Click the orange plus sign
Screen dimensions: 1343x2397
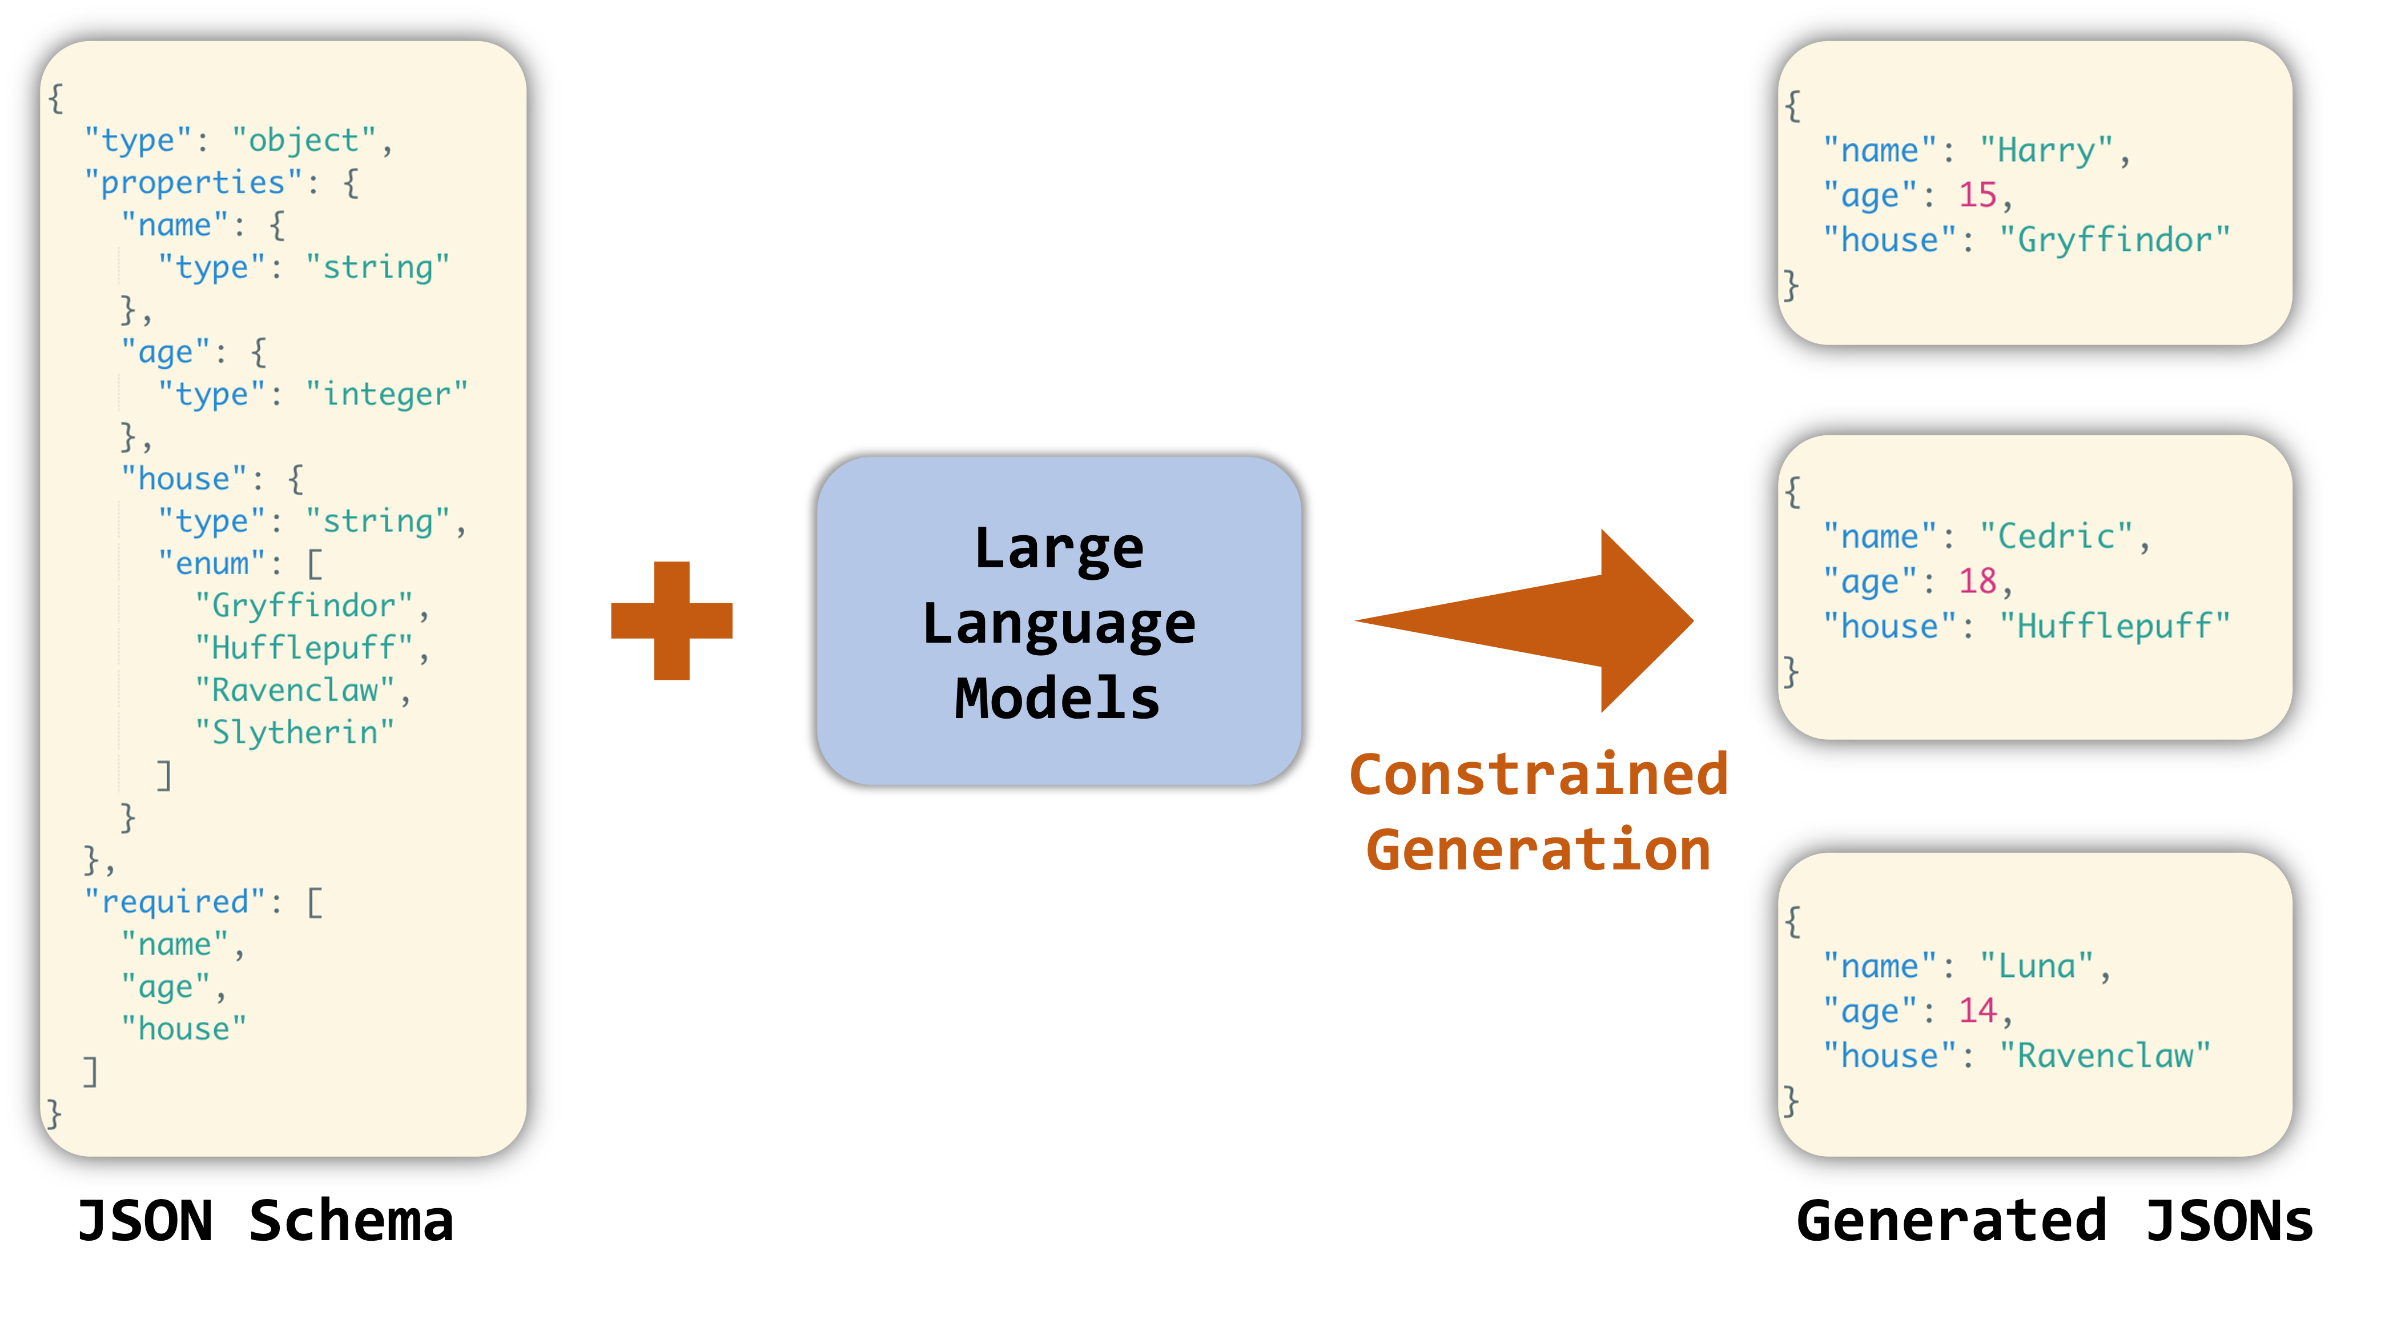click(x=671, y=621)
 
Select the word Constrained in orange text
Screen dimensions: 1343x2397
click(x=1539, y=775)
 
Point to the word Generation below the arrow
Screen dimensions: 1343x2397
click(x=1539, y=850)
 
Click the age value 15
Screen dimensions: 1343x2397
click(x=1977, y=195)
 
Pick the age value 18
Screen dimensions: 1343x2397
click(x=1977, y=581)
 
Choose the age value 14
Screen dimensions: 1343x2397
click(x=1977, y=1010)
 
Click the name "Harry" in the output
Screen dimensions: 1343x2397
click(x=2046, y=150)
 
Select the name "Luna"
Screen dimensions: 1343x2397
click(x=2036, y=966)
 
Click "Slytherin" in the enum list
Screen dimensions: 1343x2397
click(x=294, y=732)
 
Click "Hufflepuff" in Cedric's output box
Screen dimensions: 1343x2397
click(x=2114, y=626)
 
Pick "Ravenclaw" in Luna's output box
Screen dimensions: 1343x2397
click(x=2105, y=1056)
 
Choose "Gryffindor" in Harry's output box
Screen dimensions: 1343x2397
click(x=2114, y=239)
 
